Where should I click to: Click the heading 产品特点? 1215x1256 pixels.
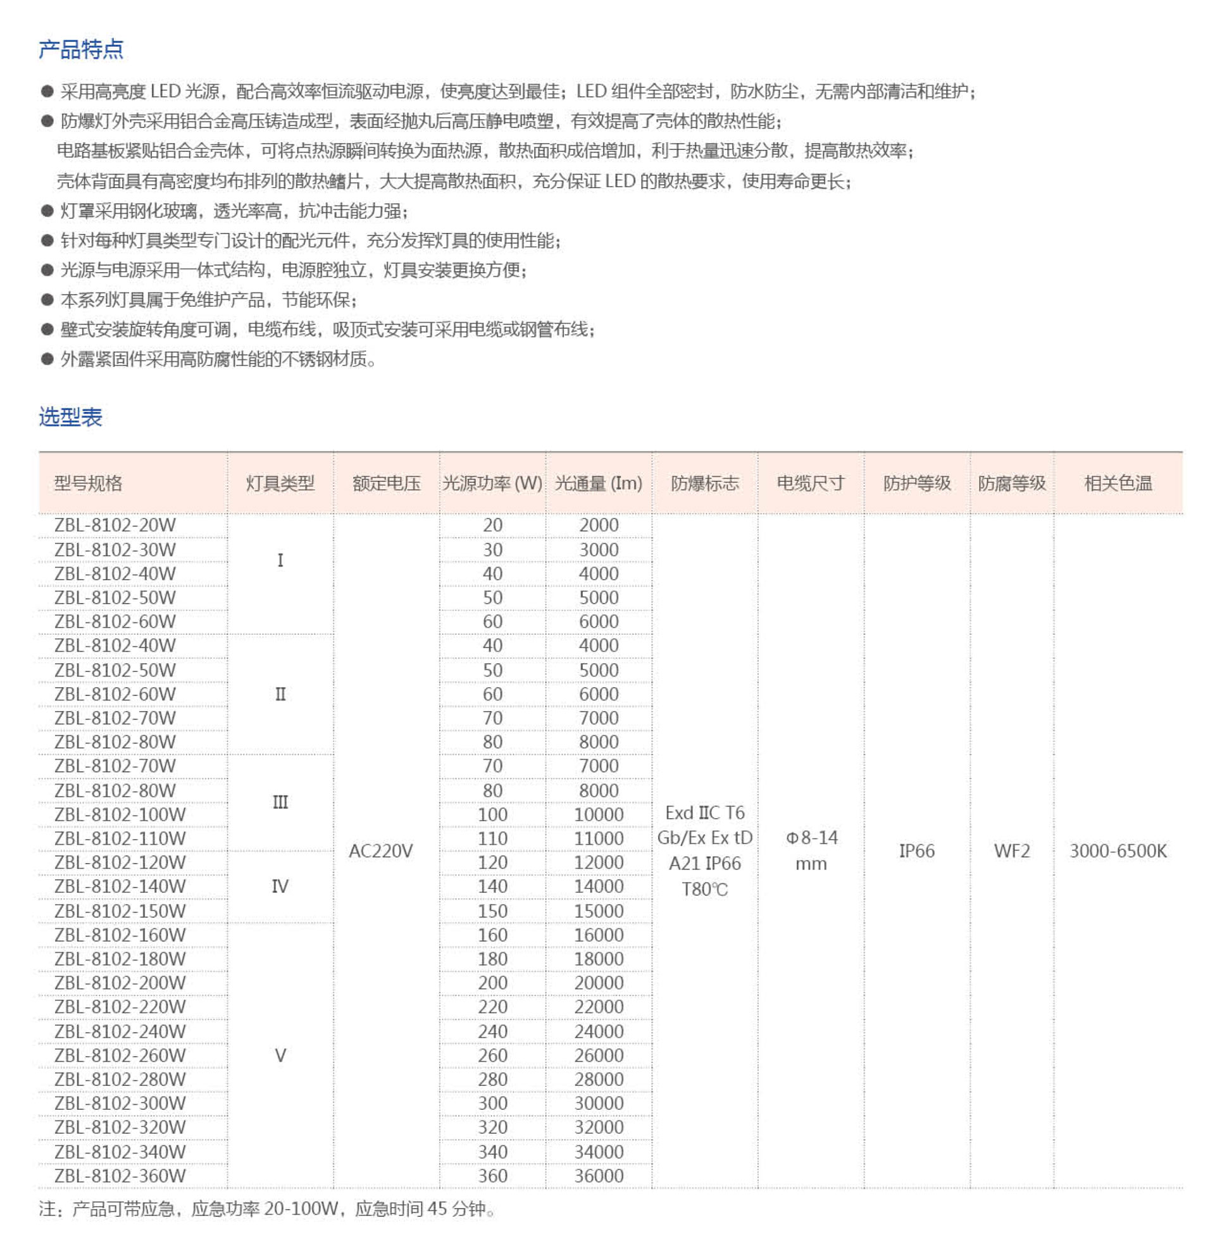[81, 49]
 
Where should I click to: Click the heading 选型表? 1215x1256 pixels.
[70, 417]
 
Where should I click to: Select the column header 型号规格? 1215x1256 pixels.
[88, 483]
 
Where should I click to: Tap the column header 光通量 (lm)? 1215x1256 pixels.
[598, 483]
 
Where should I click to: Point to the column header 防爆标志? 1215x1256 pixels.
[704, 483]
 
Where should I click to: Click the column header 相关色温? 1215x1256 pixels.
[1118, 483]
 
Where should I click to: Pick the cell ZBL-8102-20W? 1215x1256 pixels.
[115, 525]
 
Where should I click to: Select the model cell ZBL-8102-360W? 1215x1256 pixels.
[120, 1176]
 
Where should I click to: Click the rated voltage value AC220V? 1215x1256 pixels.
[381, 851]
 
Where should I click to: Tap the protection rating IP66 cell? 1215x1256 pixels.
[916, 851]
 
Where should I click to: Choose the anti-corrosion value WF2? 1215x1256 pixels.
[1011, 851]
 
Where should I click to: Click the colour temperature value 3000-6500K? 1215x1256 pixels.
[1118, 851]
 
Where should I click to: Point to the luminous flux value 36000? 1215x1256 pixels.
[599, 1176]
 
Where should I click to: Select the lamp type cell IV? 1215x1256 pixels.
[280, 887]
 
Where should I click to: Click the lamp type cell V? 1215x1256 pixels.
[280, 1055]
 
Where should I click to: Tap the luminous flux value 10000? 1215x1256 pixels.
[599, 814]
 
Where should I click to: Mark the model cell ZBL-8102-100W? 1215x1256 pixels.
[120, 814]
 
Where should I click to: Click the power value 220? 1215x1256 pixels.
[492, 1007]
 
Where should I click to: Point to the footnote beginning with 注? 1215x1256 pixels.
[266, 1209]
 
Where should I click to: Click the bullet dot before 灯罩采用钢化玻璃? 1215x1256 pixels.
[47, 211]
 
